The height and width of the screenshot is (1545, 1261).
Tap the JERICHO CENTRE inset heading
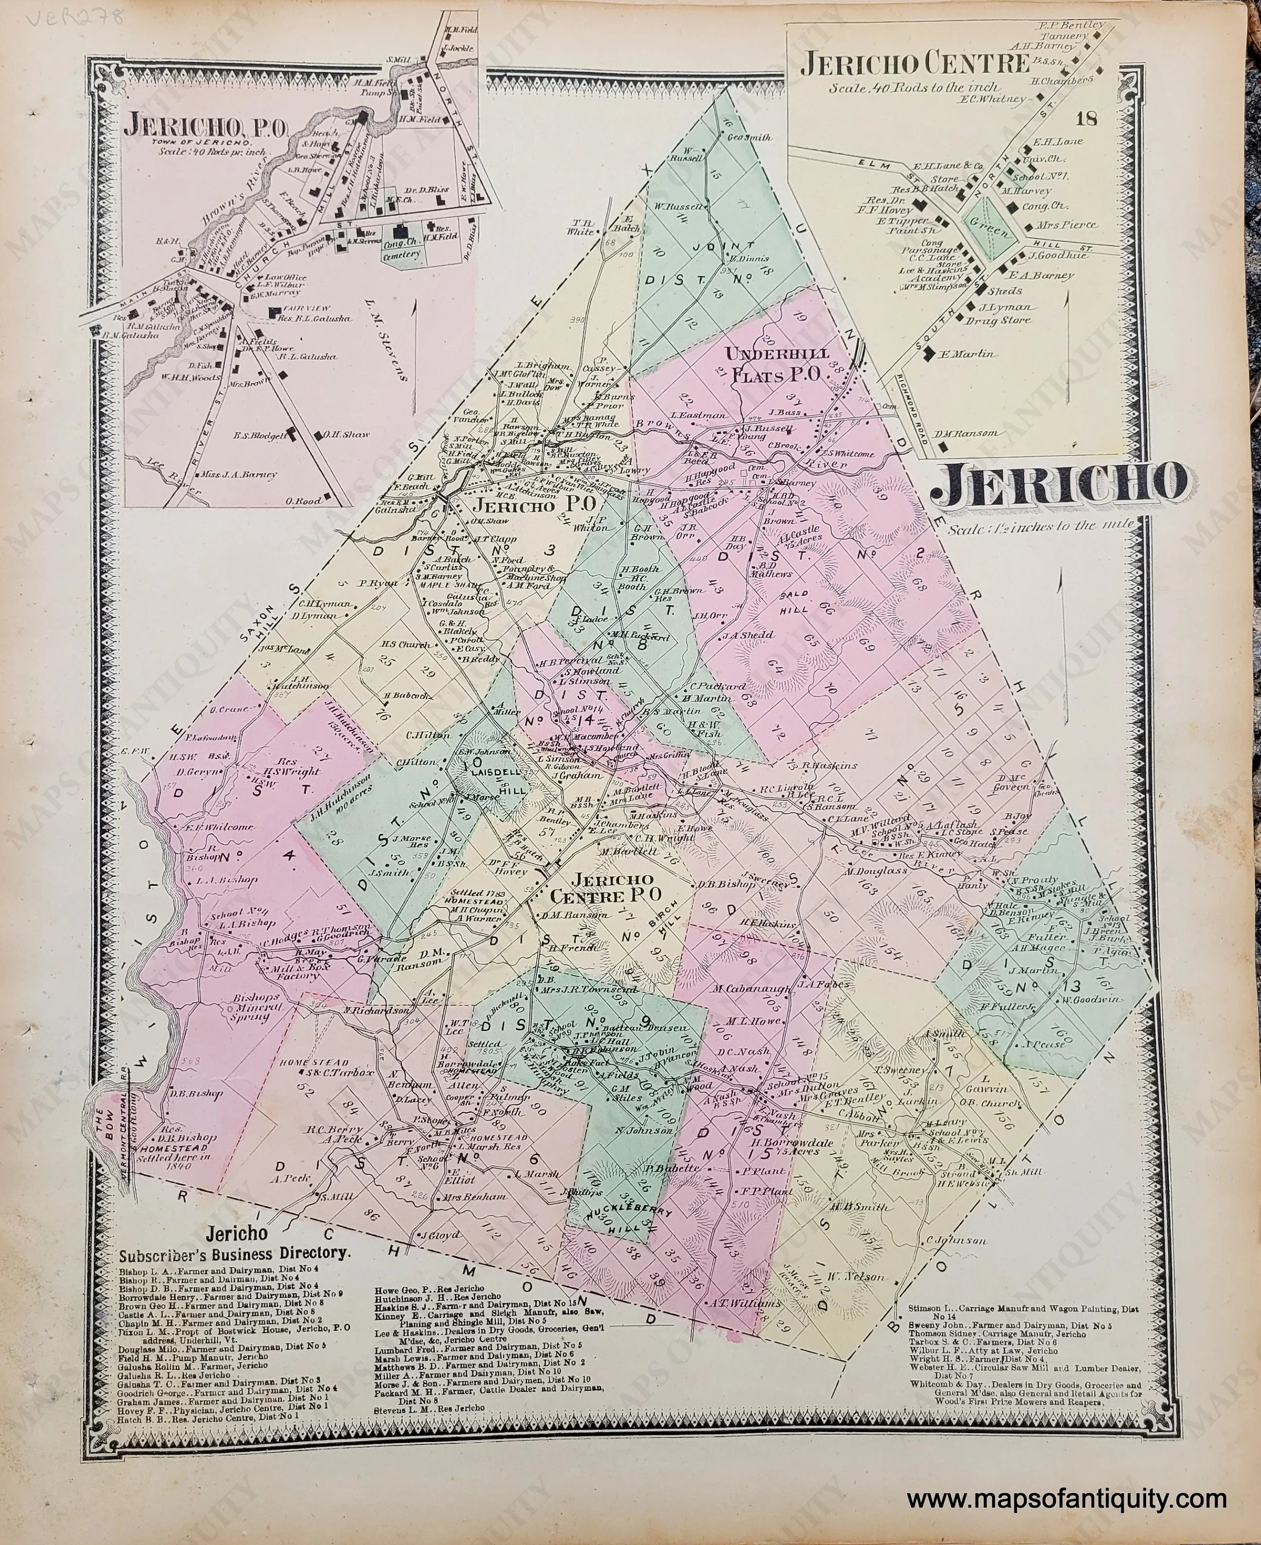point(914,65)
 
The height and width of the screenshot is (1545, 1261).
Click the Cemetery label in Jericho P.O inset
point(401,254)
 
